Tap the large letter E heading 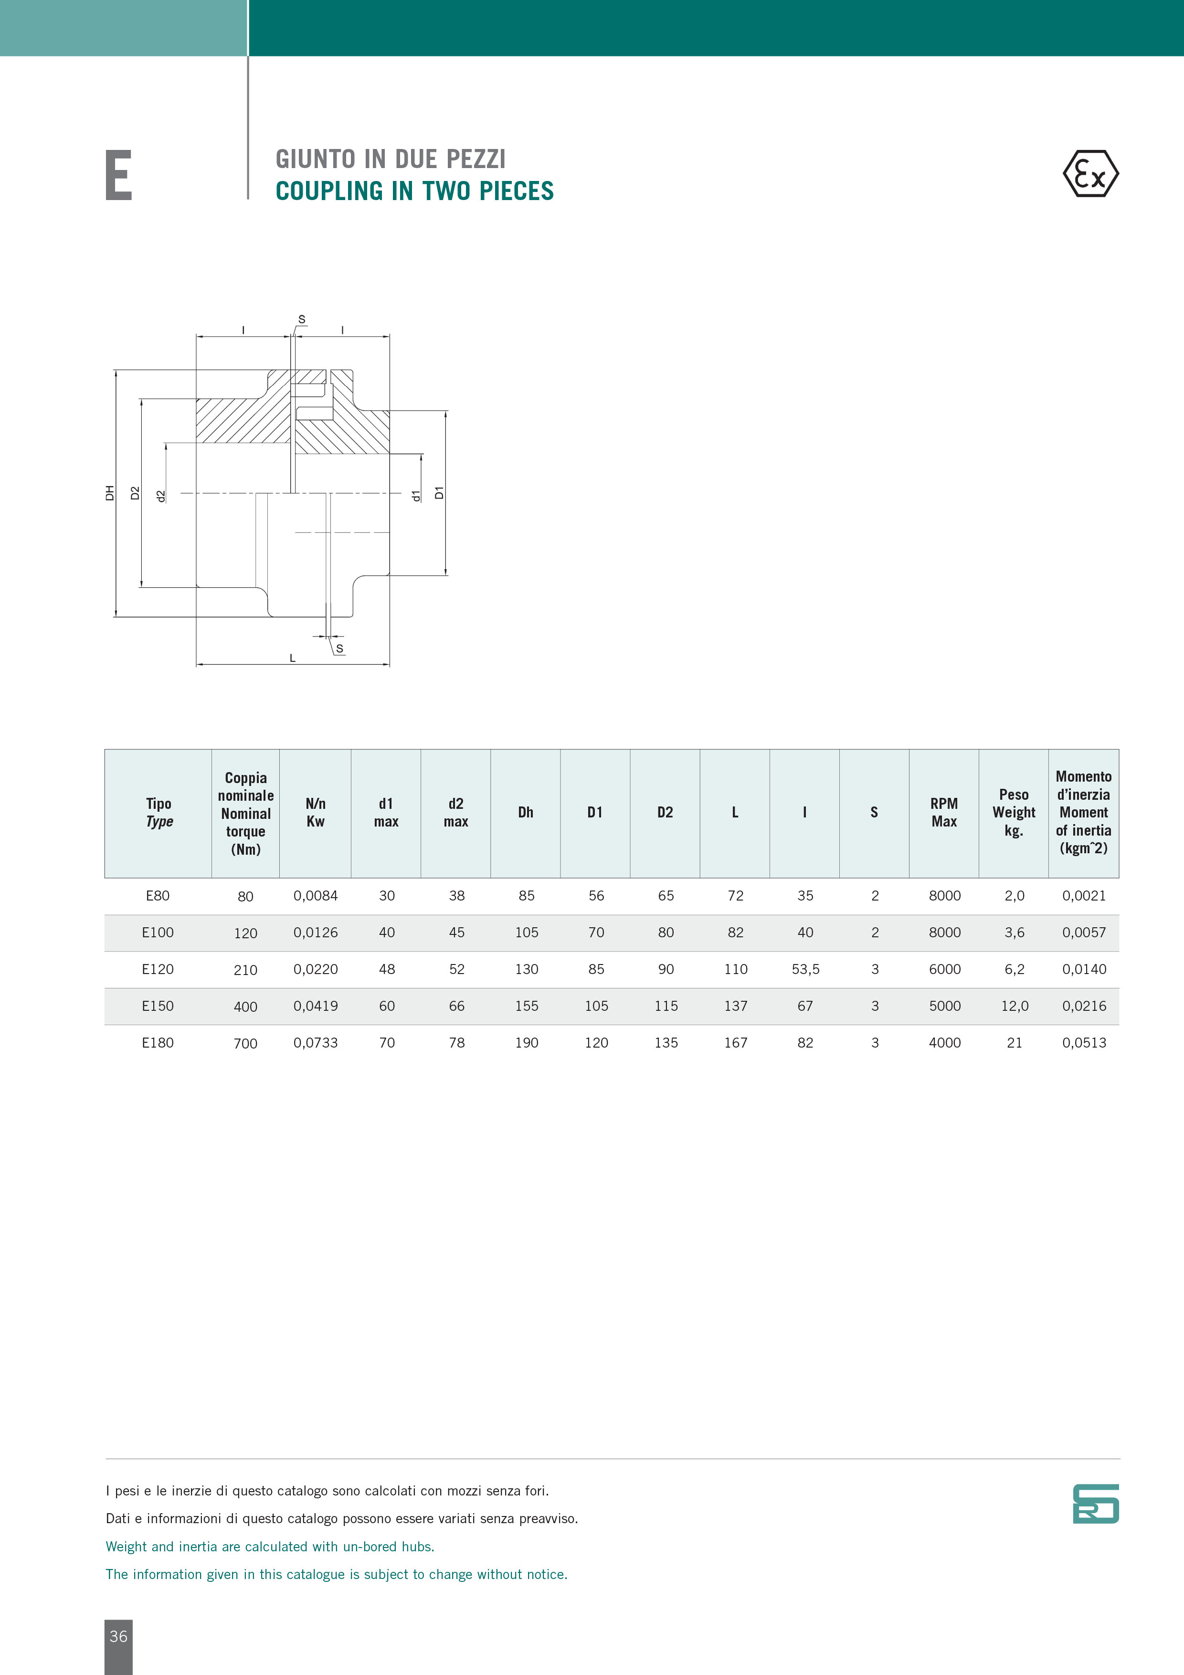(x=118, y=175)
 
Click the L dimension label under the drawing (x=293, y=658)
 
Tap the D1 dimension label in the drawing (x=439, y=493)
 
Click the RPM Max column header (x=944, y=813)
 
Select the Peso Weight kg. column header (x=1014, y=813)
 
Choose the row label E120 (x=158, y=970)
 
